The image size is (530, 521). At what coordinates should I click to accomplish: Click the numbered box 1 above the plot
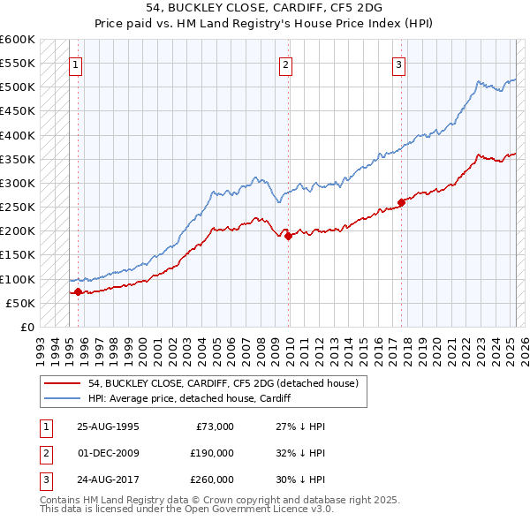pos(75,64)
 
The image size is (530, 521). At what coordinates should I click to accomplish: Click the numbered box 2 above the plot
pos(286,64)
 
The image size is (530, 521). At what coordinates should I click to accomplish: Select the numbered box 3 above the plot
pos(398,64)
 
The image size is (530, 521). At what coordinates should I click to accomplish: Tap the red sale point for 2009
pos(289,235)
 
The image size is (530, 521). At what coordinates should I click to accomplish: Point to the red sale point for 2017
pos(401,202)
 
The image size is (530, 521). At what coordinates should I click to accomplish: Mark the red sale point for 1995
pos(78,291)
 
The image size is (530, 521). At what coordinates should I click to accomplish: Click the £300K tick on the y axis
pos(18,183)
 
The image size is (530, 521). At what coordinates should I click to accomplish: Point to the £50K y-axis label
pos(21,303)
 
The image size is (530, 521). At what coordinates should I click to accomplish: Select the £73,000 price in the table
pos(213,426)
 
